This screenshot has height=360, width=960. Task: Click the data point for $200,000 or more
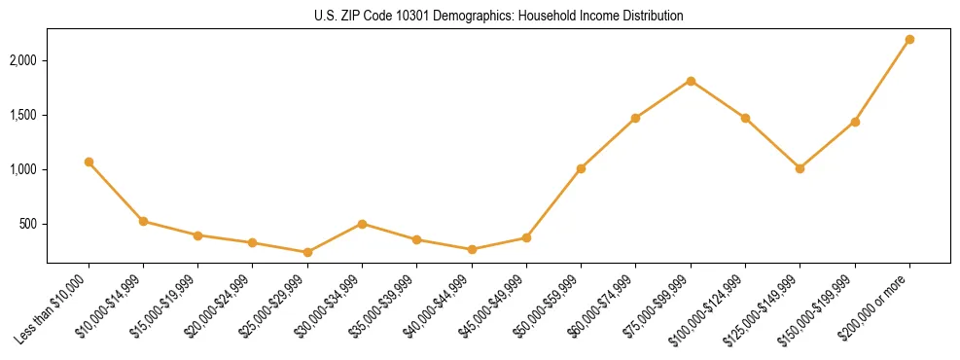(x=909, y=39)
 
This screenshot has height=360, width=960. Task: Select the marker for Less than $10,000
(x=89, y=162)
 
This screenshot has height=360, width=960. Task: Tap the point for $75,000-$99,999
(x=691, y=81)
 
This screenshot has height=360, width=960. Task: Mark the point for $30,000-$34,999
(x=362, y=224)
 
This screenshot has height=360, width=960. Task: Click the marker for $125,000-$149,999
(x=800, y=168)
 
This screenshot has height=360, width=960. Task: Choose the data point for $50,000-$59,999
(x=581, y=168)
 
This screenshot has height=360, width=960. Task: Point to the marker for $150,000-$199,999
(x=855, y=122)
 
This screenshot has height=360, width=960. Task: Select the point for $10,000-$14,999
(x=143, y=221)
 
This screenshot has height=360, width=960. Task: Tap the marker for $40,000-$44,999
(x=472, y=249)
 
